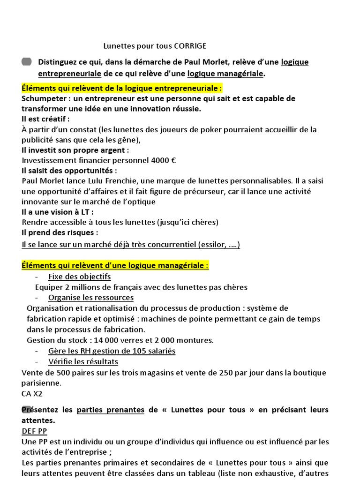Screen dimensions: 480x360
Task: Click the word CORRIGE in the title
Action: (190, 46)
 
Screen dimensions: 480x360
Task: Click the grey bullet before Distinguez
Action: (27, 62)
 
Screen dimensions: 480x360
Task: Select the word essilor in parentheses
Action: (214, 245)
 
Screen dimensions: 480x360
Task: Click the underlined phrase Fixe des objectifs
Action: (79, 277)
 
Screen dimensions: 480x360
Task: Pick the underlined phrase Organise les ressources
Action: (90, 298)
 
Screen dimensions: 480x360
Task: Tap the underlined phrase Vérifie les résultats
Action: (83, 362)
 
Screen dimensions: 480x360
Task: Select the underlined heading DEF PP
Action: (34, 431)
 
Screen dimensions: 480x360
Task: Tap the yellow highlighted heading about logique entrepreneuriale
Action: (122, 88)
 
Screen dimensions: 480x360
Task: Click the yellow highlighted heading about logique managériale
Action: (115, 266)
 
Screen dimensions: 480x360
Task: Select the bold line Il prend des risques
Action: (60, 232)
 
